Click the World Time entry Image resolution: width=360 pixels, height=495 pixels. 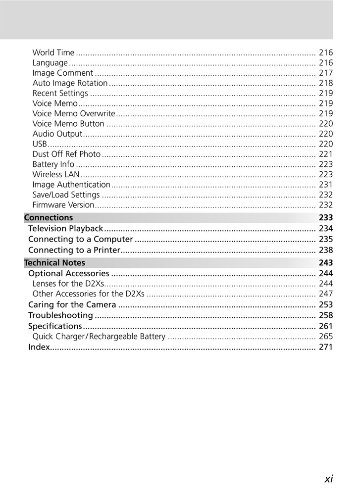pos(53,52)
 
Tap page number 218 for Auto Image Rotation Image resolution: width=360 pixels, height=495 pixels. pos(326,83)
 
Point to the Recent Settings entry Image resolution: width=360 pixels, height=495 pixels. pos(60,94)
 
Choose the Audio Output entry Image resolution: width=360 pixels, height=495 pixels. pos(57,134)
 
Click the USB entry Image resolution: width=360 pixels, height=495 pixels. pos(40,144)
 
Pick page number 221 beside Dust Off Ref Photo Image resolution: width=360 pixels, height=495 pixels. pos(326,154)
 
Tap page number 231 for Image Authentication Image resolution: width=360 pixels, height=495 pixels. pos(326,185)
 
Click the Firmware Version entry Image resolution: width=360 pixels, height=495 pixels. pos(63,205)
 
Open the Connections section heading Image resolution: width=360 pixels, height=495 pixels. pos(49,218)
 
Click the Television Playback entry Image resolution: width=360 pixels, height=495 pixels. pos(66,229)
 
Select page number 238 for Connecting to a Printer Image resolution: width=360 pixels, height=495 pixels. pos(326,250)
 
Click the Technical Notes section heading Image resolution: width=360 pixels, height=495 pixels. pos(54,263)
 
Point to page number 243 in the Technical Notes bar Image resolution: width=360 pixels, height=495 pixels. pos(326,263)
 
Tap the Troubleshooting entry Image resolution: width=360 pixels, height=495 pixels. pos(60,315)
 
